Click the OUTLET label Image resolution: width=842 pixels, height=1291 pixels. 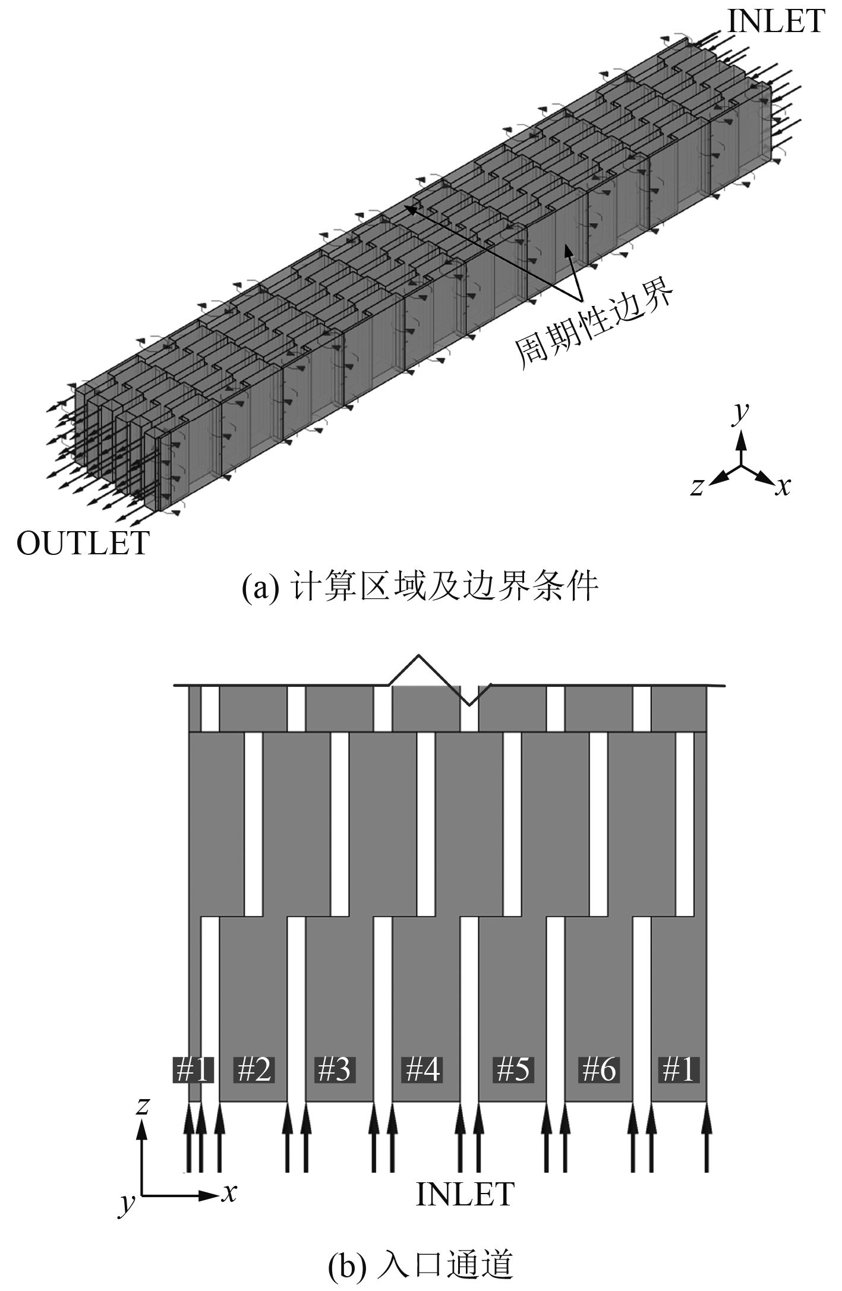tap(83, 543)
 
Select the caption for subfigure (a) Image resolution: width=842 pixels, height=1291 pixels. tap(420, 588)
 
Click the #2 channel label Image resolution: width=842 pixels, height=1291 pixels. tap(254, 1069)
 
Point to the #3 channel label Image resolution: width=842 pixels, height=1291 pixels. tap(334, 1069)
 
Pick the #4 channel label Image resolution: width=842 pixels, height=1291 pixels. tap(422, 1069)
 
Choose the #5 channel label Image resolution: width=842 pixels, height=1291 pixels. tap(512, 1069)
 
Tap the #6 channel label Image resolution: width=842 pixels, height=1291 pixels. tap(599, 1069)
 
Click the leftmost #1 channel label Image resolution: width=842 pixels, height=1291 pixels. tap(192, 1069)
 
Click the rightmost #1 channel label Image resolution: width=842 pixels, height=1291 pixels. tap(678, 1069)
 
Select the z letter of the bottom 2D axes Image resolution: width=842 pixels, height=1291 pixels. tap(142, 1106)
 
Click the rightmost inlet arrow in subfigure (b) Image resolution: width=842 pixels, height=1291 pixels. tap(706, 1138)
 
